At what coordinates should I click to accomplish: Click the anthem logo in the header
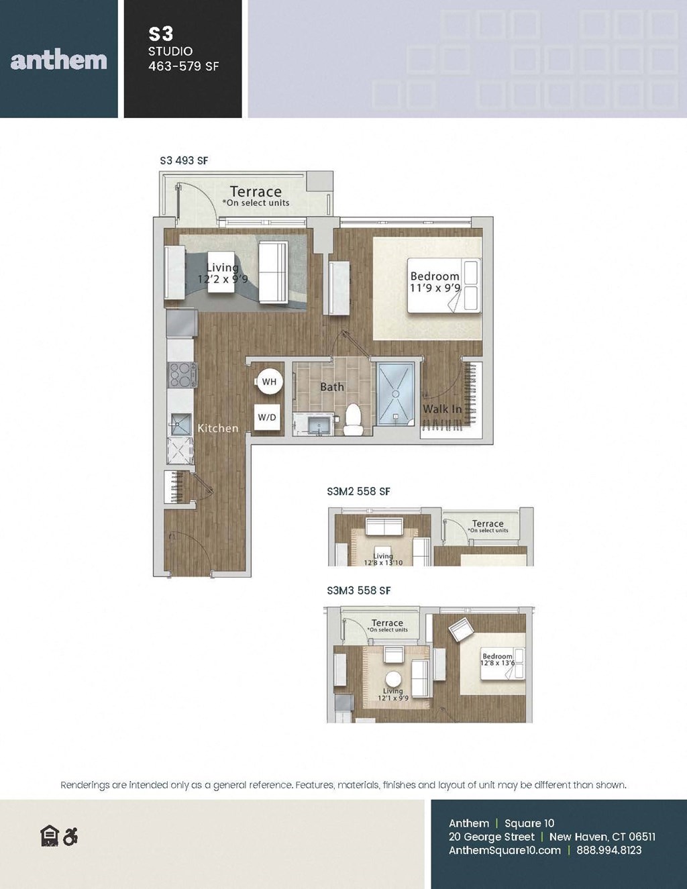59,60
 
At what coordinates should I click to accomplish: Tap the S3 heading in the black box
161,34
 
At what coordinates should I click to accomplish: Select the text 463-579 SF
184,66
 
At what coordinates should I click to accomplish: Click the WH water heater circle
268,382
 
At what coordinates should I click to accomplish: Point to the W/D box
267,417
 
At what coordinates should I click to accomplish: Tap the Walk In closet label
441,409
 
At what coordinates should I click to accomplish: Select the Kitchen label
217,428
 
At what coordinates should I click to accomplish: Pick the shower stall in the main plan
396,394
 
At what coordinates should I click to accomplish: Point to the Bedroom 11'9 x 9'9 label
435,282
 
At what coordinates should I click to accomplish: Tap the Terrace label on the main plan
256,192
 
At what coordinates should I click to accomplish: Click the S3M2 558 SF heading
358,491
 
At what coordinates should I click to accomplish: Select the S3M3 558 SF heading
358,590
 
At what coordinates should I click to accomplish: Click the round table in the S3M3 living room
393,678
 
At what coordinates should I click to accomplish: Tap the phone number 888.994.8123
609,850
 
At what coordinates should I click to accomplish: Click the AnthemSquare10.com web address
505,850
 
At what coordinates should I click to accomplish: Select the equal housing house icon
50,836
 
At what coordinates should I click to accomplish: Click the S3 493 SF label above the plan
184,160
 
